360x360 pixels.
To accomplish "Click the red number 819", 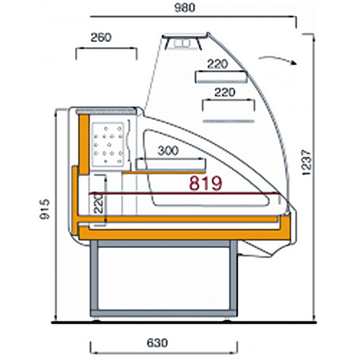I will [x=204, y=182].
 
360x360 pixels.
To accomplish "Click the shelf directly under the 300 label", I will [x=170, y=162].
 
